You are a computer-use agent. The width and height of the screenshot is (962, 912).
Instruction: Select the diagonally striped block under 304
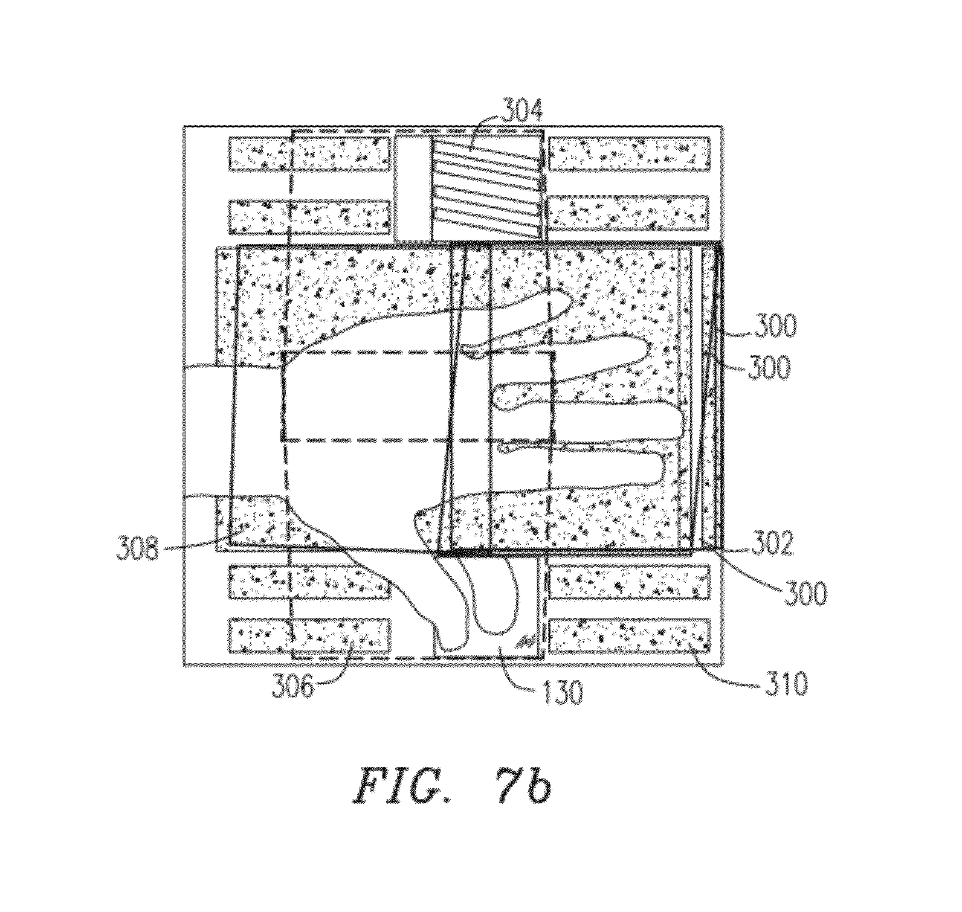tap(486, 186)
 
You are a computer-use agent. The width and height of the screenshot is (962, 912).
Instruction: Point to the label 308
tap(137, 550)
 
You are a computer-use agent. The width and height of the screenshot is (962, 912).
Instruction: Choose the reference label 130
tap(560, 693)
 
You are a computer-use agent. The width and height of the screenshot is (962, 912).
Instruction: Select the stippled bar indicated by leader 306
tap(309, 635)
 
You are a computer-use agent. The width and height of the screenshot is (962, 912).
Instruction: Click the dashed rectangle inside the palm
tap(418, 396)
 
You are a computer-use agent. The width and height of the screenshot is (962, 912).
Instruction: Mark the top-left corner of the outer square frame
tap(184, 126)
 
